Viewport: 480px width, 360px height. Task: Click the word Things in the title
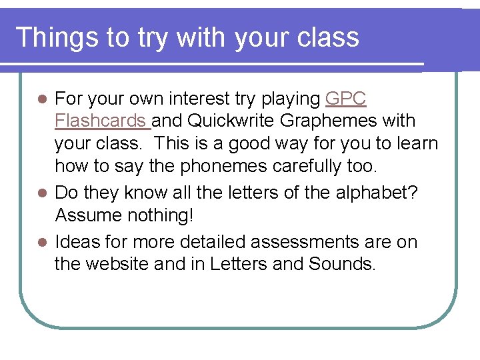click(54, 37)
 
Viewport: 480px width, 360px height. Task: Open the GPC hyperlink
click(345, 99)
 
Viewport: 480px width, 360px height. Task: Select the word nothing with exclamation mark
click(163, 215)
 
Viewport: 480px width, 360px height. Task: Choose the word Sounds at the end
click(343, 265)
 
